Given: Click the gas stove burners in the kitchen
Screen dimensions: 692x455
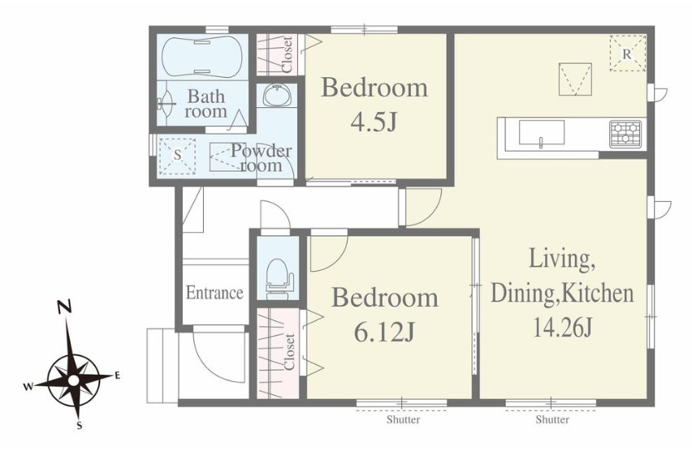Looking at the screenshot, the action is pyautogui.click(x=625, y=133).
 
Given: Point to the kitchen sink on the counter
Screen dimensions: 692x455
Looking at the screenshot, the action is pyautogui.click(x=542, y=132).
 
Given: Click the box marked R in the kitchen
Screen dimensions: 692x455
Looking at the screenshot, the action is pyautogui.click(x=628, y=53).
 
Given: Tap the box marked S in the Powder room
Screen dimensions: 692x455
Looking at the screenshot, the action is pyautogui.click(x=177, y=156).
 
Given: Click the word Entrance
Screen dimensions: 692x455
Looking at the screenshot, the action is pyautogui.click(x=214, y=292).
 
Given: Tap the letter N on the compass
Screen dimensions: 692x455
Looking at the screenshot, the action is pyautogui.click(x=65, y=307).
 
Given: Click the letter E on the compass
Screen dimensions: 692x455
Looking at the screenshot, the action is pyautogui.click(x=118, y=376).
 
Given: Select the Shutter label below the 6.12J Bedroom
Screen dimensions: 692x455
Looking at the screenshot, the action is pyautogui.click(x=404, y=419).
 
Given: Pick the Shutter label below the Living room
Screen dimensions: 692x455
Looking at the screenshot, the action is pyautogui.click(x=552, y=419).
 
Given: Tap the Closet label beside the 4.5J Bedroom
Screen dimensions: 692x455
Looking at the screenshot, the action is pyautogui.click(x=287, y=54).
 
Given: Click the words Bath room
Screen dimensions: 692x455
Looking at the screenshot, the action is pyautogui.click(x=205, y=104).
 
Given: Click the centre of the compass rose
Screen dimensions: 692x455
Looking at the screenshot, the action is pyautogui.click(x=74, y=380).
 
